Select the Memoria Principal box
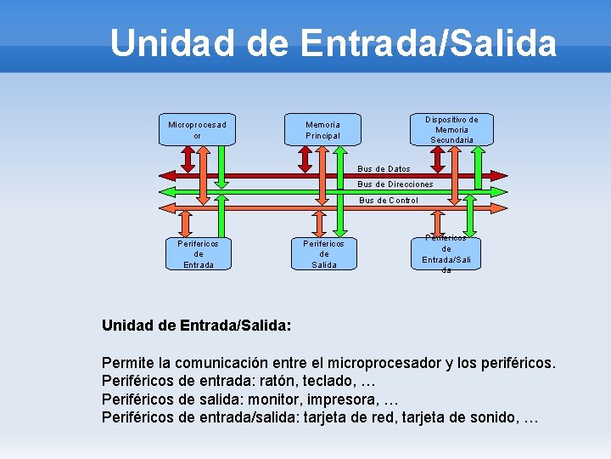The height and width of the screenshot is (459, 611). pos(322,130)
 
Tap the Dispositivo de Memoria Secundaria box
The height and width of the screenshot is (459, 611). pos(451,129)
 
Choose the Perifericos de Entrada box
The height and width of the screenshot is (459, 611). pos(199,253)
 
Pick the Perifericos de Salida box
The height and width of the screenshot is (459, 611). pos(323,253)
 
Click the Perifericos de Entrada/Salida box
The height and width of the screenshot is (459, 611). pos(446,253)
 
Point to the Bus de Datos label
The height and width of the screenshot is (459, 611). pos(384,168)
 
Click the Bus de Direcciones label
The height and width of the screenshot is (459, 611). pos(395,184)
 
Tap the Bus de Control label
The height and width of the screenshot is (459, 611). pos(388,201)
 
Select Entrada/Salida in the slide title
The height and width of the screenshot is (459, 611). pos(422,43)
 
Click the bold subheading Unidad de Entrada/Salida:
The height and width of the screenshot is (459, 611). pos(196,325)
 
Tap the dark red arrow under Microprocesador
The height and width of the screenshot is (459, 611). pos(194,161)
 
